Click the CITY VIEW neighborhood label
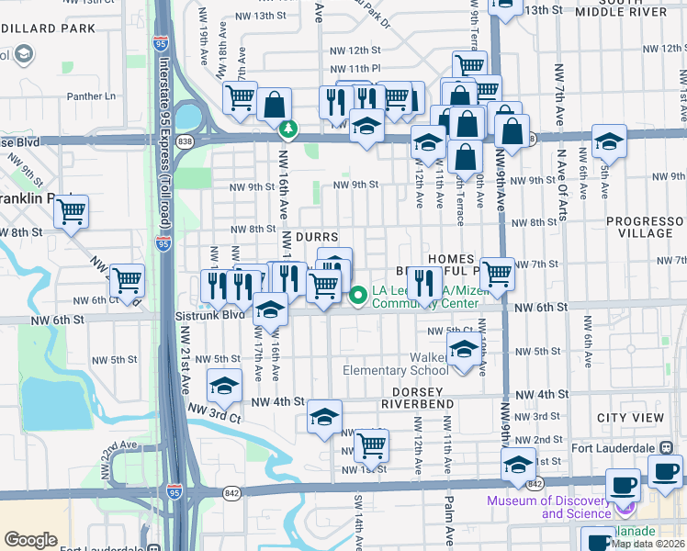pyautogui.click(x=630, y=417)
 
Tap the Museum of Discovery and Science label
pyautogui.click(x=549, y=507)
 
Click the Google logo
pyautogui.click(x=30, y=539)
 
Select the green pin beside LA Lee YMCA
pyautogui.click(x=358, y=295)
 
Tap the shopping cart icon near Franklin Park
pyautogui.click(x=70, y=211)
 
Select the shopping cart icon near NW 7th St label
pyautogui.click(x=496, y=272)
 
